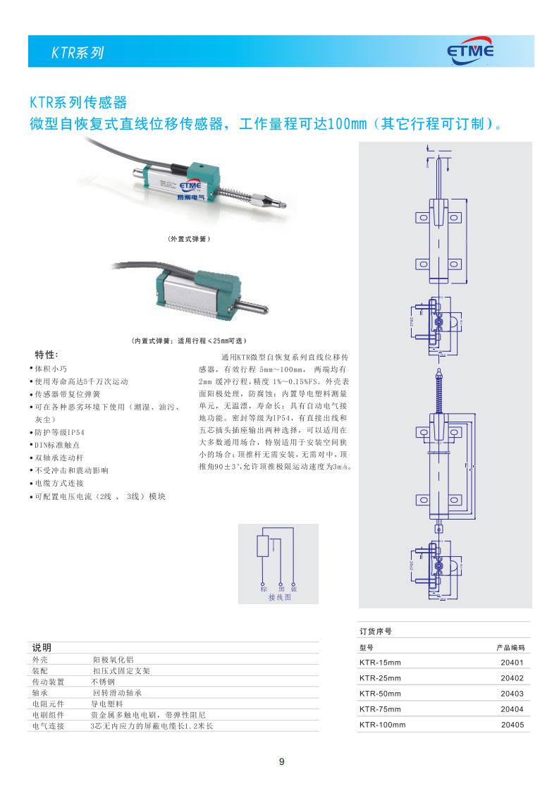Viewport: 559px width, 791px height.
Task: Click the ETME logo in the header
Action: click(x=470, y=51)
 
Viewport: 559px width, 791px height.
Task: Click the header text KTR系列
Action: click(x=78, y=53)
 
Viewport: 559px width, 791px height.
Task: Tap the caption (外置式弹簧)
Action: click(x=189, y=239)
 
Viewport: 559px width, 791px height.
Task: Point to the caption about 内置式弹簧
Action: click(x=188, y=341)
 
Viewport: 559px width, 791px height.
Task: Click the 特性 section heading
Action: click(x=47, y=354)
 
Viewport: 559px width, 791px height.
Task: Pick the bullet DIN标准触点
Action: click(x=57, y=445)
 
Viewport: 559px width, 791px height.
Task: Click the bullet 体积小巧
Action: click(x=51, y=369)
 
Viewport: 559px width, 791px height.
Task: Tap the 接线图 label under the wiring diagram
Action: click(x=278, y=597)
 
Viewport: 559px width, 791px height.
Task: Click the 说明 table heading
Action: click(x=42, y=647)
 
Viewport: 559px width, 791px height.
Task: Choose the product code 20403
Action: click(x=512, y=694)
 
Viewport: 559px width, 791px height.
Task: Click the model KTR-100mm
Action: click(x=382, y=725)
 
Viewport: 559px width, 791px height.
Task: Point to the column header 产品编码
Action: click(x=510, y=647)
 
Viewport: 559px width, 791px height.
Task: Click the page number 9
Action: click(x=281, y=761)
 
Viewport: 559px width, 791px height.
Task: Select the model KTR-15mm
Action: click(x=379, y=663)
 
